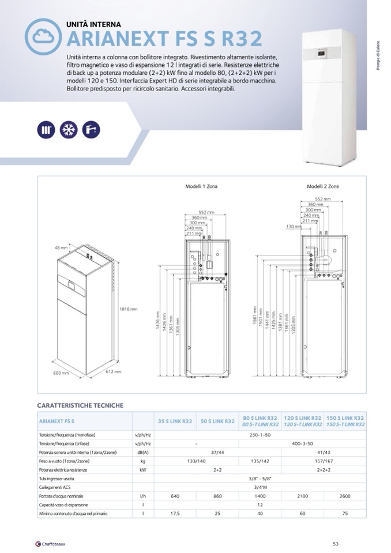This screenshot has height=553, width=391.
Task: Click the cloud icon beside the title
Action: pos(43,36)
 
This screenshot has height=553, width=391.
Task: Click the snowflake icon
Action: pos(69,129)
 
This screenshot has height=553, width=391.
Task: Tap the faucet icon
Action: pos(91,129)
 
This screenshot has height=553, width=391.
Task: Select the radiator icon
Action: pos(46,129)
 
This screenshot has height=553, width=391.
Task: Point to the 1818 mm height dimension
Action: pos(128,309)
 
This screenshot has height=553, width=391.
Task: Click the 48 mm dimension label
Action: pos(61,247)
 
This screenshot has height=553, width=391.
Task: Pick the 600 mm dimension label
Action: pos(61,373)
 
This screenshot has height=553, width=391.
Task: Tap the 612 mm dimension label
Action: pos(114,372)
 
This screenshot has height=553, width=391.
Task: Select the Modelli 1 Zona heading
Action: pos(201,186)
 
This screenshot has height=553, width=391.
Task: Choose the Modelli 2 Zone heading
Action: pos(323,186)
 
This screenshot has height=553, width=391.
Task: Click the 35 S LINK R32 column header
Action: pos(175,421)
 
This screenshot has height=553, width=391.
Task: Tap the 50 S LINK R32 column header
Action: pos(217,421)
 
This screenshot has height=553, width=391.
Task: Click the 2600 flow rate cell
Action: pos(345,496)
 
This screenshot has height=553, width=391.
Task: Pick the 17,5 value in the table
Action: pos(175,513)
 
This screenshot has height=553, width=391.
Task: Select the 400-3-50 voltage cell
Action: pos(302,443)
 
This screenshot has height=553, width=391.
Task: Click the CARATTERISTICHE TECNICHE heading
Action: pos(80,405)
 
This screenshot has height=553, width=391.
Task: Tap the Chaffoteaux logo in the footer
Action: pos(50,543)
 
